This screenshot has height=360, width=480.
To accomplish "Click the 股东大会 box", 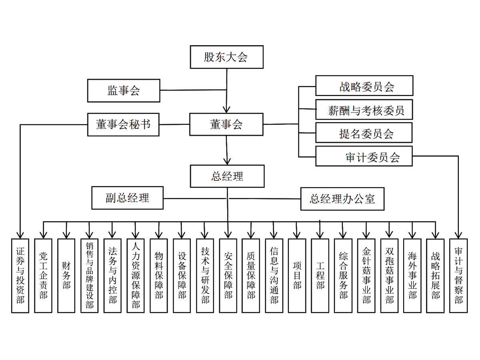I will [x=226, y=57].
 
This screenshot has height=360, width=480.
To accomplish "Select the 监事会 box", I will [x=124, y=91].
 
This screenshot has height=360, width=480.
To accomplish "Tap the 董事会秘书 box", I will [x=124, y=124].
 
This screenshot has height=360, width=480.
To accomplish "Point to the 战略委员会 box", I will [x=364, y=86].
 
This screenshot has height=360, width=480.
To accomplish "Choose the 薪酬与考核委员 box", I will [x=364, y=110].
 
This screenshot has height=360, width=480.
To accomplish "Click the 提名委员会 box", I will [x=364, y=133].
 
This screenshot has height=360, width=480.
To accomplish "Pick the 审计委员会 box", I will [x=364, y=157].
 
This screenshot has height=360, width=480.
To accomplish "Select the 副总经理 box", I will [x=127, y=198].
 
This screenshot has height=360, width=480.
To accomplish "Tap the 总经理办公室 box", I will [x=342, y=198].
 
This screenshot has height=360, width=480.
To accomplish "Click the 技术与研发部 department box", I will [x=205, y=276].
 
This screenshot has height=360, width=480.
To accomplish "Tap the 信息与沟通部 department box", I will [x=274, y=276].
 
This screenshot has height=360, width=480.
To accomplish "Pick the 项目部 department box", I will [x=297, y=276].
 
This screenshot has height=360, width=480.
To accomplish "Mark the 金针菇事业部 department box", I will [x=366, y=276].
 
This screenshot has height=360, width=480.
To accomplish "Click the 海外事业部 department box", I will [x=412, y=276].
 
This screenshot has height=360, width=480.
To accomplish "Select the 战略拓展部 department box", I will [x=436, y=276].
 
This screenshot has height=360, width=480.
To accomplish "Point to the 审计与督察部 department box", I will [x=458, y=276].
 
